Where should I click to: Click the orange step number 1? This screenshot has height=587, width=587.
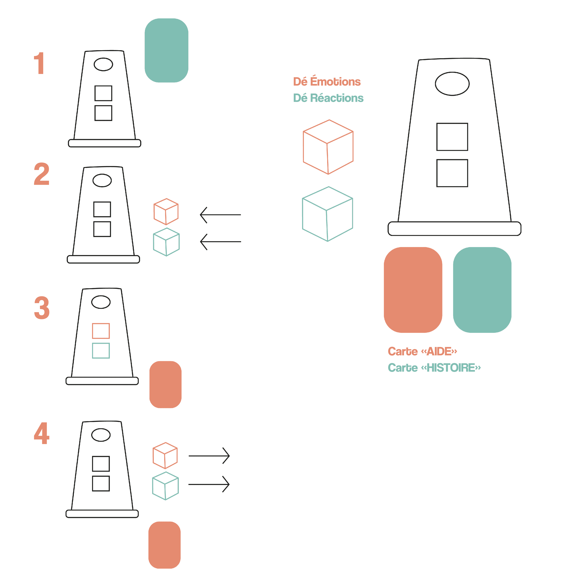point(39,63)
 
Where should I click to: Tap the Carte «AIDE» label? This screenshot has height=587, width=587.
point(422,352)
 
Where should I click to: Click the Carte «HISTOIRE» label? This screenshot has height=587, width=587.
point(434,368)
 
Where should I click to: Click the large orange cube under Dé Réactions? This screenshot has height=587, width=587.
point(328,147)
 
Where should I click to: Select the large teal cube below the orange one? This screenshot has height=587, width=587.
point(328,214)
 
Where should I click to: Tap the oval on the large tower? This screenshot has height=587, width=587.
point(452,84)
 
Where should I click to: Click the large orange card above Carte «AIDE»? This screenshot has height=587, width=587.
point(413,290)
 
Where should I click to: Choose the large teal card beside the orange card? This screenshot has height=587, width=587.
point(482,290)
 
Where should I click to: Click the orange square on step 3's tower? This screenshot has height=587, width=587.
point(101,331)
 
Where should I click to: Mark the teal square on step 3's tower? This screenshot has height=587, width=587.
point(101,351)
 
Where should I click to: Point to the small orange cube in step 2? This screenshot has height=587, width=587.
point(166,211)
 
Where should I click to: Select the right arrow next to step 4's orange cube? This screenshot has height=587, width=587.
point(209,456)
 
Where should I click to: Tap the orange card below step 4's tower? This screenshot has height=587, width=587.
point(164,545)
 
